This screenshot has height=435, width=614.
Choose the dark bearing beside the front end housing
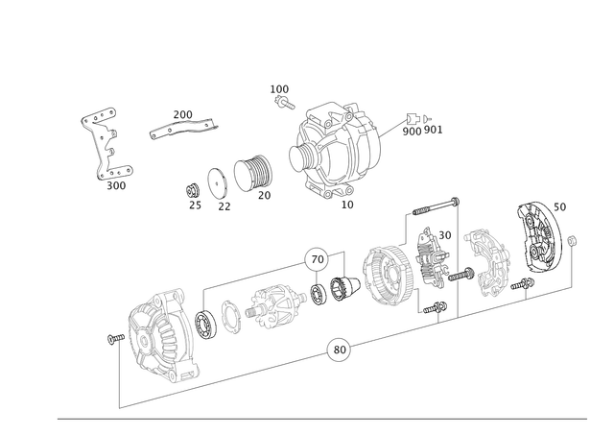(x=204, y=321)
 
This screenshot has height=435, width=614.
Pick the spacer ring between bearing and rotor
(x=231, y=311)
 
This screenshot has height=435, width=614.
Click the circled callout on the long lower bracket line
(x=335, y=350)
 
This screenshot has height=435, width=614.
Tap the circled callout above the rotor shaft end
(x=316, y=256)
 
